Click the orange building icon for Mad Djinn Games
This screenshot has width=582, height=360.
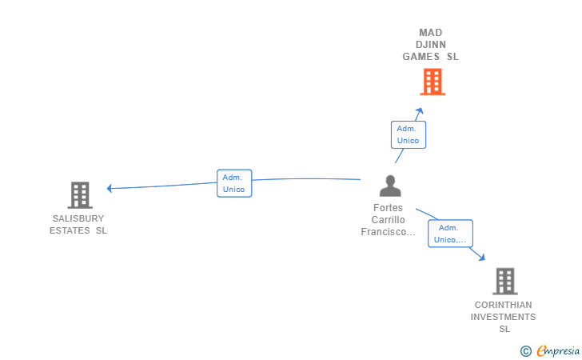coord(432,82)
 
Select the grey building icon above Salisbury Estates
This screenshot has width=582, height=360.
coord(79,194)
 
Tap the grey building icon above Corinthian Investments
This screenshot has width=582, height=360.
coord(504,281)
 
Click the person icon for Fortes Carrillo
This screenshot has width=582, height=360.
coord(390,186)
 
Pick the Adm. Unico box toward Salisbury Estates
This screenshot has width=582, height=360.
coord(234,183)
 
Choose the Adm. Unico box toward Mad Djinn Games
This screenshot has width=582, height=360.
coord(408,134)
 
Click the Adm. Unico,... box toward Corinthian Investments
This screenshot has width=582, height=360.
coord(450,234)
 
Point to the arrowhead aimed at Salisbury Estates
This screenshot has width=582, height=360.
coord(110,189)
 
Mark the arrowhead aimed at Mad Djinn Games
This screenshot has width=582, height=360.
coord(420,111)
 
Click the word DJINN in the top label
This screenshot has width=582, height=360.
coord(431,45)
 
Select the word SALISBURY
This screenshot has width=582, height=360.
coord(78,218)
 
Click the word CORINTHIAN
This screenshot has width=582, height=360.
coord(503,305)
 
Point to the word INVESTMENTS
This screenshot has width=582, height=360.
coord(503,317)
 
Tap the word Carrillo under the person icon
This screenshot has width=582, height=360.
coord(389,220)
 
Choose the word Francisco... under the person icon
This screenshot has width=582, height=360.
coord(389,232)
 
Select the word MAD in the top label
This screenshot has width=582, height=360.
coord(431,33)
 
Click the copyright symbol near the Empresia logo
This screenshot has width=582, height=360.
coord(525,350)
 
